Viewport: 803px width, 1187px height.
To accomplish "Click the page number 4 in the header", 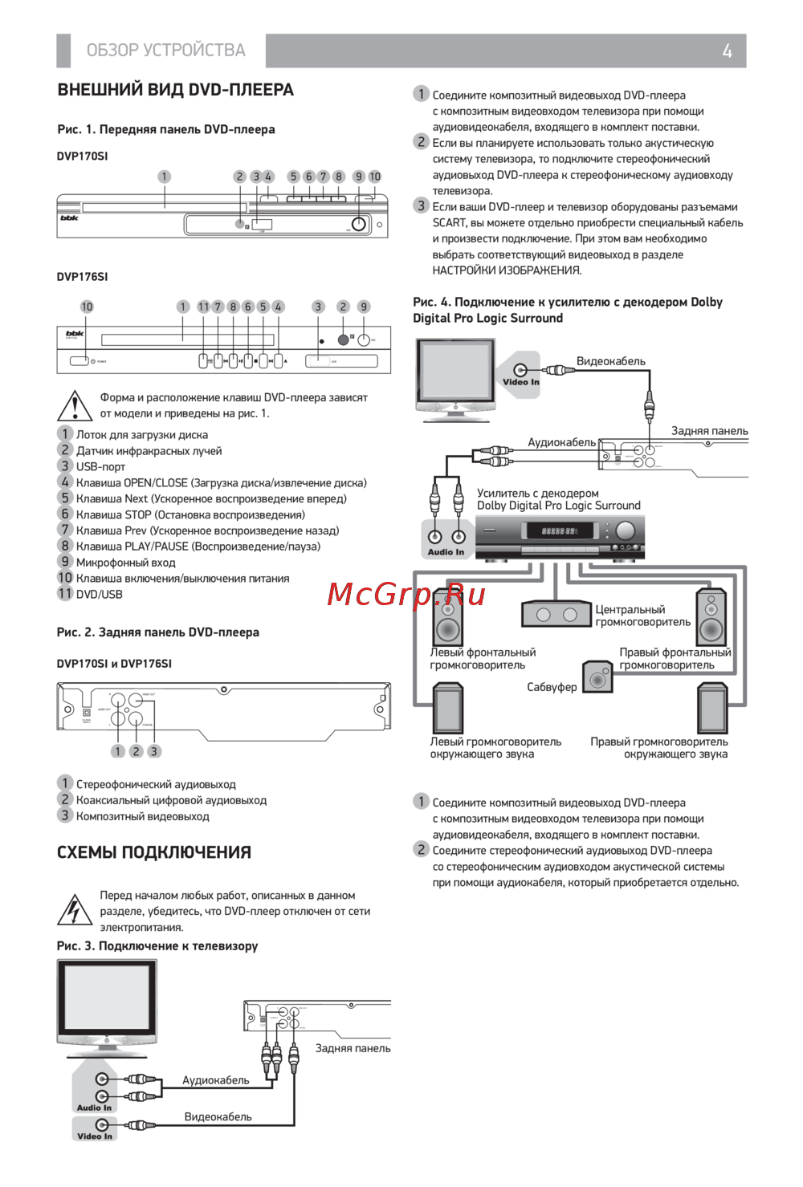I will [x=727, y=51].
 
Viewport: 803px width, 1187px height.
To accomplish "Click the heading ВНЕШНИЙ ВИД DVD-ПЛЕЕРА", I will [x=175, y=90].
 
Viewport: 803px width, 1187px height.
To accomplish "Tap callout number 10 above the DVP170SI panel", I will [x=375, y=177].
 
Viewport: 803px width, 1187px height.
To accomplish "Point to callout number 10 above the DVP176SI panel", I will [x=87, y=307].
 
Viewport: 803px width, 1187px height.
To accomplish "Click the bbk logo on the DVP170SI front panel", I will [x=70, y=218].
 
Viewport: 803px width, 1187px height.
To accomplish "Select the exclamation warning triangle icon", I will [x=75, y=406].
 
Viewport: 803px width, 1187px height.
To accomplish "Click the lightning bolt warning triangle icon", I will [x=75, y=910].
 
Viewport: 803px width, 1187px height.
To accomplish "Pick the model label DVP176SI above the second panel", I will [x=82, y=277].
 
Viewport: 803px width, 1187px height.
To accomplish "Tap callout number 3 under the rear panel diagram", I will [x=154, y=751].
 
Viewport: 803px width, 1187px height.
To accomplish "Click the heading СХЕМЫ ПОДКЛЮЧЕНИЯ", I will [x=154, y=852].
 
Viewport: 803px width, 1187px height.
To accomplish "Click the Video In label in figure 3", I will [x=95, y=1136].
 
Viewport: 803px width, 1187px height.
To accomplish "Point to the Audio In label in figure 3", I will [x=94, y=1108].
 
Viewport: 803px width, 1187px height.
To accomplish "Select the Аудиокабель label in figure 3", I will [x=215, y=1080].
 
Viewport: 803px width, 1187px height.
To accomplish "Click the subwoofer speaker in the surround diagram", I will [x=597, y=677].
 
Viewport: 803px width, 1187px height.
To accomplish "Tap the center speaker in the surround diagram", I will [x=556, y=615].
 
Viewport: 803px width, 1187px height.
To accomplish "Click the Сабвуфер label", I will [x=552, y=687].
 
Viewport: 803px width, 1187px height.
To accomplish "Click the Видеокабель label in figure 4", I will [x=610, y=361].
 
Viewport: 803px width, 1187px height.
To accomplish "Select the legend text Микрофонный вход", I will [x=125, y=563].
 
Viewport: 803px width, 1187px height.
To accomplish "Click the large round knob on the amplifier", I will [x=626, y=530].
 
